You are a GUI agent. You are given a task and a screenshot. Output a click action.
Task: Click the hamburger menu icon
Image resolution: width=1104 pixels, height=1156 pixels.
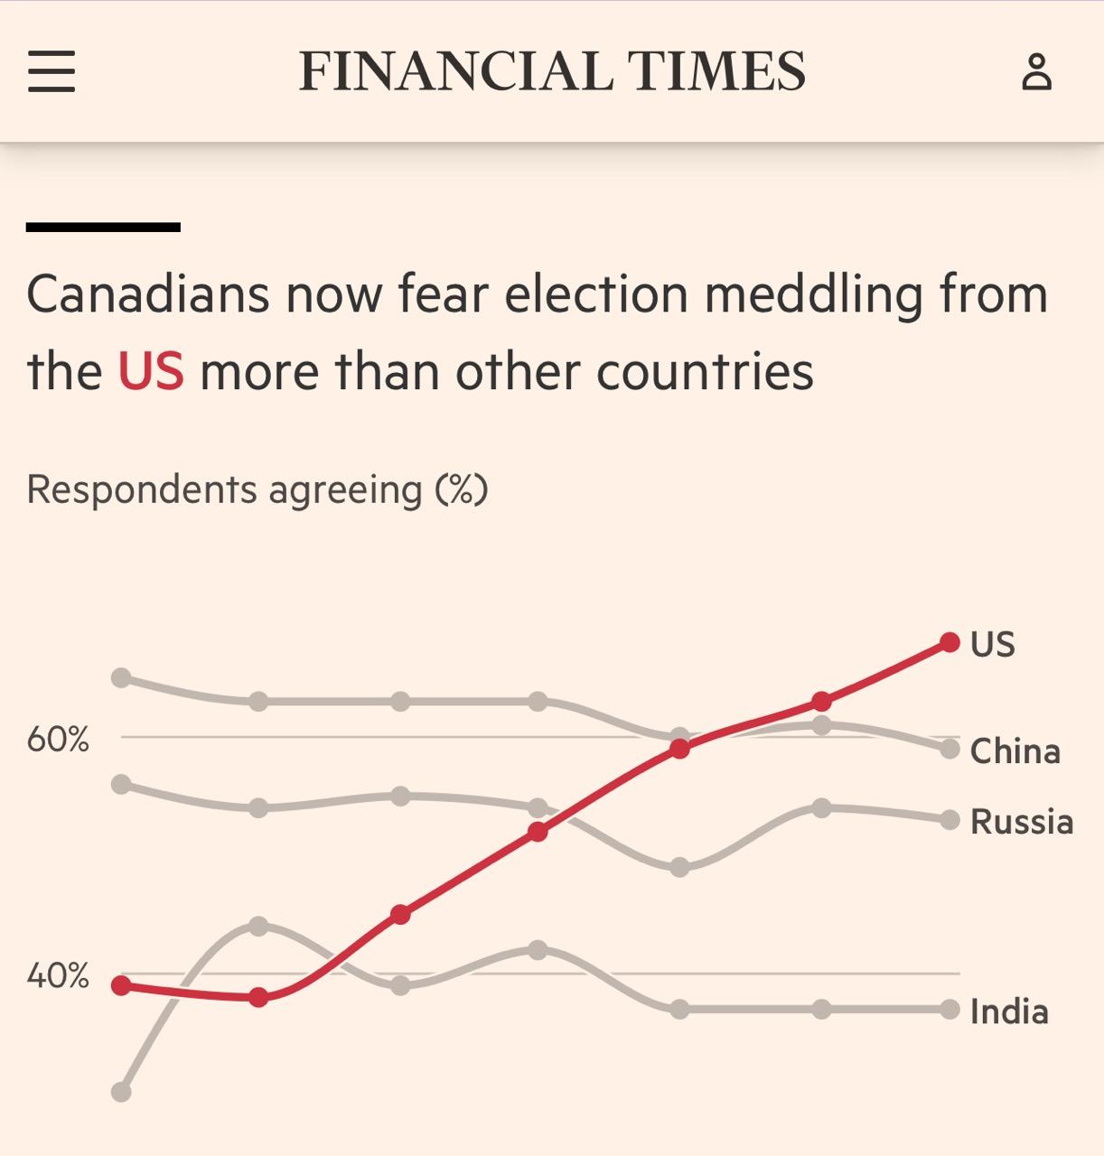51,71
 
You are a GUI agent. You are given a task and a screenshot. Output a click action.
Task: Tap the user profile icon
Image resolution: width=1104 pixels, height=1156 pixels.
1036,71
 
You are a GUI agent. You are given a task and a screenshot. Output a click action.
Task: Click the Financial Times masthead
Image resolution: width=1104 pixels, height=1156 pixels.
552,71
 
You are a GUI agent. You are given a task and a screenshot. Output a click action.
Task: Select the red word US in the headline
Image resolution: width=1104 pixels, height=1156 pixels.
151,371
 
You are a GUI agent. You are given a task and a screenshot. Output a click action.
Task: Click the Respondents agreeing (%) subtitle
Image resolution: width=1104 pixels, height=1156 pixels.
257,489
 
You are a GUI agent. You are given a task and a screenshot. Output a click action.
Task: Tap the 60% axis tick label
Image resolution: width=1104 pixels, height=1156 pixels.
58,741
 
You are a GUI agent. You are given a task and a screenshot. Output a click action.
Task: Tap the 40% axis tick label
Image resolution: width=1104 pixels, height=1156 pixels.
58,976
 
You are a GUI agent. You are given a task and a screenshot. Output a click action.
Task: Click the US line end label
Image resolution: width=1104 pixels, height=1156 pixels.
992,644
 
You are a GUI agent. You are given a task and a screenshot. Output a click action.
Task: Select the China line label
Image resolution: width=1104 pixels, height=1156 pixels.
1015,751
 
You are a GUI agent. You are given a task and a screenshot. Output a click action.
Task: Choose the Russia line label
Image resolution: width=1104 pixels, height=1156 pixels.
1021,822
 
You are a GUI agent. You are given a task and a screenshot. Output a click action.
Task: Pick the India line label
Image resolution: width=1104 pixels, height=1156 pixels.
1009,1011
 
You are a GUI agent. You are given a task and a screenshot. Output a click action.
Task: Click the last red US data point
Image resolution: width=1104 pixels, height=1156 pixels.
950,642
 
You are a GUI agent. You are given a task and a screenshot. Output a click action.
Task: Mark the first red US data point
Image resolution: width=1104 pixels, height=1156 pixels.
121,985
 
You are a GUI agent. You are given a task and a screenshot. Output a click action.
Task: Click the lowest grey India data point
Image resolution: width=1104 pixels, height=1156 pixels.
121,1092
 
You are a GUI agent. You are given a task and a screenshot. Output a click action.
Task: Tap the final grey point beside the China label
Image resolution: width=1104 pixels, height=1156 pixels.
950,749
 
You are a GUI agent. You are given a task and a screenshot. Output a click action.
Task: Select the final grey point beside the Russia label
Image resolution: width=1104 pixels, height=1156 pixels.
950,820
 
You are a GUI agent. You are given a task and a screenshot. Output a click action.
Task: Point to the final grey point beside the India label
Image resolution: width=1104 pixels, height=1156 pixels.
950,1009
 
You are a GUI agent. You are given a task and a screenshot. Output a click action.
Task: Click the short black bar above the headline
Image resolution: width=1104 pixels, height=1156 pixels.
103,228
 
